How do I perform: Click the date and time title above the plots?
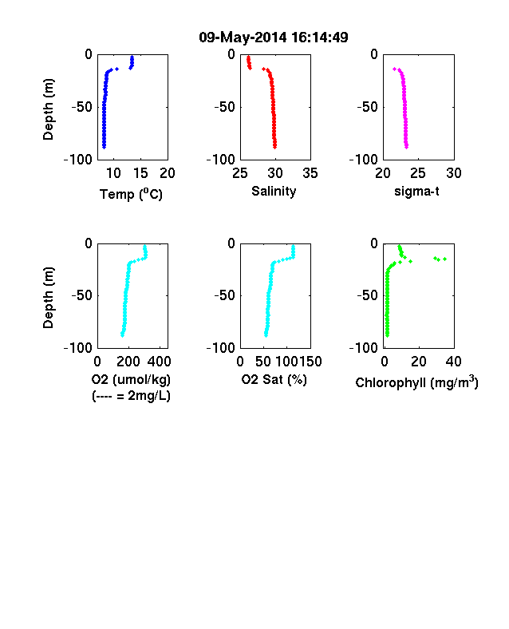tap(274, 38)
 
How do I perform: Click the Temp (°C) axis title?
tap(131, 194)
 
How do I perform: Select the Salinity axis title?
tap(274, 192)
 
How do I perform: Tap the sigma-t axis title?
tap(416, 192)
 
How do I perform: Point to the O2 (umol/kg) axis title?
tap(131, 380)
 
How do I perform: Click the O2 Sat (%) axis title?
tap(274, 380)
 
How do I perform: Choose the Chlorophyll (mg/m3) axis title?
tap(416, 382)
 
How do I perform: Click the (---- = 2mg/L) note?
tap(131, 397)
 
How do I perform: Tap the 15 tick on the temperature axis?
tap(140, 173)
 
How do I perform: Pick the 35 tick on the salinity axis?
tap(310, 173)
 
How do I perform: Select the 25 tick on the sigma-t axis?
tap(417, 173)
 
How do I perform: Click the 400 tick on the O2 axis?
tap(159, 362)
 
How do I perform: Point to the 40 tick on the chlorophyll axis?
tap(453, 362)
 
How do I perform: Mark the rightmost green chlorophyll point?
tap(444, 259)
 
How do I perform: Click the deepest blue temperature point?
tap(104, 147)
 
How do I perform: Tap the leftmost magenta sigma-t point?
tap(394, 69)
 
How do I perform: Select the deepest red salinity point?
tap(275, 147)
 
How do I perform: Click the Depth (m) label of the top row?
tap(48, 109)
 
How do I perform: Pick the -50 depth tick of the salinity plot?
tap(224, 107)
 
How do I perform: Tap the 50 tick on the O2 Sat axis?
tap(263, 362)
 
